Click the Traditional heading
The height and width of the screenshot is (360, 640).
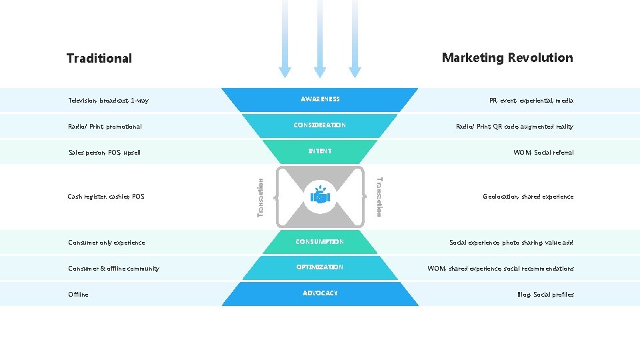click(x=99, y=59)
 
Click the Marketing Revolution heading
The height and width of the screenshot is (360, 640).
click(x=507, y=58)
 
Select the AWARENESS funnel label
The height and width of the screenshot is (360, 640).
click(x=320, y=99)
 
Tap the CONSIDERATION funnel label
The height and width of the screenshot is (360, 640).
click(x=320, y=125)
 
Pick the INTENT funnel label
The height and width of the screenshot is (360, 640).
click(x=320, y=151)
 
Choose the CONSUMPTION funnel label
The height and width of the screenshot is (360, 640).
click(x=320, y=242)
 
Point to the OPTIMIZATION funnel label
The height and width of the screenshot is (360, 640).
click(x=320, y=267)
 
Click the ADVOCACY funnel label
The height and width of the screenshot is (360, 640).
click(x=320, y=293)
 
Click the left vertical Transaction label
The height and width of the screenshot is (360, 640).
click(x=261, y=196)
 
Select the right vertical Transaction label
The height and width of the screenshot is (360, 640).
click(x=379, y=196)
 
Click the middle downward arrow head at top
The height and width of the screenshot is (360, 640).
click(x=320, y=71)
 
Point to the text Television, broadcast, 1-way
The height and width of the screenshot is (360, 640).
click(x=108, y=101)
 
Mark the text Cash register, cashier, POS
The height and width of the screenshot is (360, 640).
click(x=106, y=197)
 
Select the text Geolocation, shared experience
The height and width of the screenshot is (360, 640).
click(x=528, y=197)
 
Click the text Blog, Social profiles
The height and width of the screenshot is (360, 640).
click(x=545, y=295)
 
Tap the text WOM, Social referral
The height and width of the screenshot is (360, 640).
click(x=543, y=153)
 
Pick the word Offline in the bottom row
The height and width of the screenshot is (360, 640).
click(x=78, y=295)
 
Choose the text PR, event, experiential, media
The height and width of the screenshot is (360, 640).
click(x=531, y=101)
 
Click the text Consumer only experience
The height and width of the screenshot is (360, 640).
click(x=106, y=243)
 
